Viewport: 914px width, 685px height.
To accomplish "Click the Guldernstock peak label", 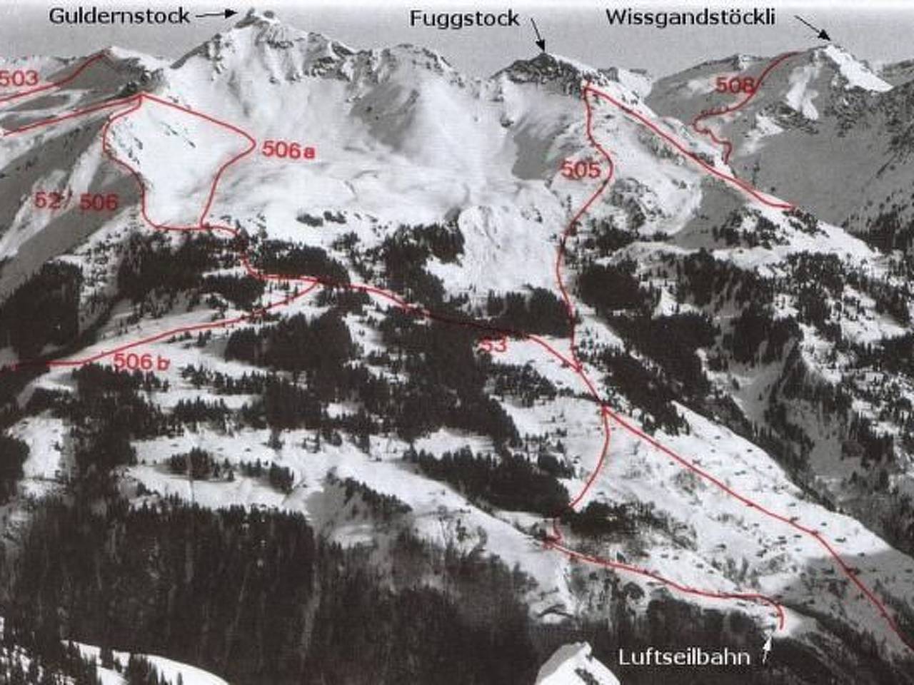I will [x=119, y=15].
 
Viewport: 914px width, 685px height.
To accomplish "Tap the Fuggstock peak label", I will [x=464, y=19].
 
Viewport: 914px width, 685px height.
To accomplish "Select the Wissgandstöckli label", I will [x=690, y=17].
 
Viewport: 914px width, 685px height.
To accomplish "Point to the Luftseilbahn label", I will [x=684, y=656].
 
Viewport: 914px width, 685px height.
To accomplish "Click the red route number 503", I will [x=19, y=78].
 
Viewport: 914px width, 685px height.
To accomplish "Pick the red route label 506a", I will [x=288, y=151].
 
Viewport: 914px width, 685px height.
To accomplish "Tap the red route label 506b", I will [x=141, y=362].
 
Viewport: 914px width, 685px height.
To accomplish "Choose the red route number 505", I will [x=580, y=170].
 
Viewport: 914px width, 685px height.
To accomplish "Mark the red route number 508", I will [x=735, y=86].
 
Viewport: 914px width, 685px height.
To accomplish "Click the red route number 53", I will [x=493, y=345].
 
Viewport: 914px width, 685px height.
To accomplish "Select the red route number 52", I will [x=48, y=201].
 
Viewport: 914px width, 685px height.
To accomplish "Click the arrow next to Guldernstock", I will [x=216, y=14].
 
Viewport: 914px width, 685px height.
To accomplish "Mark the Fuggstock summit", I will [x=543, y=56].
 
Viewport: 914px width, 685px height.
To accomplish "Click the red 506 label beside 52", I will [x=98, y=203].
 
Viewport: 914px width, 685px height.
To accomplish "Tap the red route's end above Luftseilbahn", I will [x=780, y=626].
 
